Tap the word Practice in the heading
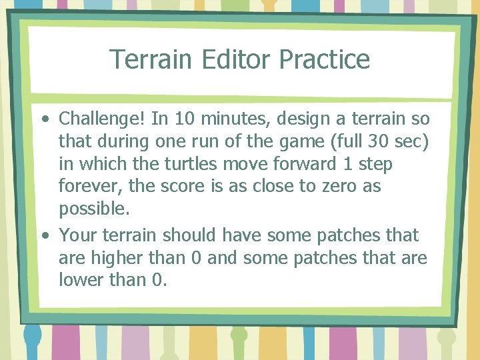click(324, 59)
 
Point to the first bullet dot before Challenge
click(44, 120)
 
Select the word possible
click(93, 209)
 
